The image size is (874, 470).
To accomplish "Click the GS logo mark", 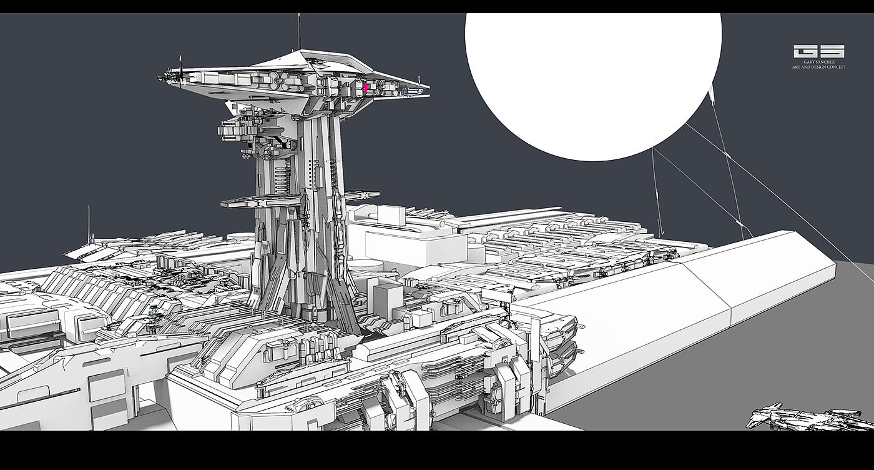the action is (819, 51).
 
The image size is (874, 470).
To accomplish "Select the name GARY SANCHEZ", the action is (819, 62).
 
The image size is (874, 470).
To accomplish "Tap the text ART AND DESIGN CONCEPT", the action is (819, 67).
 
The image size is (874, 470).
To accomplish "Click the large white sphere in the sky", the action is (593, 84).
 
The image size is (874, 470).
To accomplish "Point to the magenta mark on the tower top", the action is (366, 89).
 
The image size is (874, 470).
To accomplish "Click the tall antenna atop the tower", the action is (299, 32).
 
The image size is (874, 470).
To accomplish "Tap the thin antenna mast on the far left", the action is (89, 224).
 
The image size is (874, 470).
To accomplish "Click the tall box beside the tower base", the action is (387, 299).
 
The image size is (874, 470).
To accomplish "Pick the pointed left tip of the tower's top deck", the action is (159, 78).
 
